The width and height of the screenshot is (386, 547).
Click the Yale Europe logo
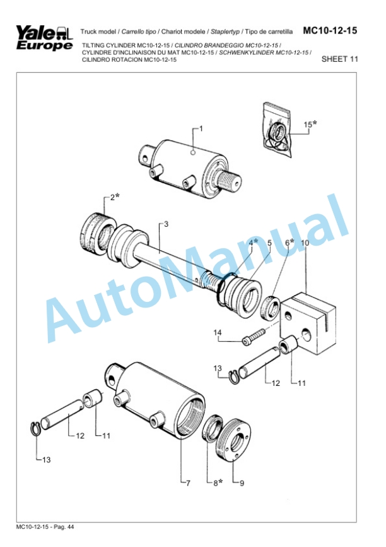click(43, 39)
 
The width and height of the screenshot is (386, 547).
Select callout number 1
click(201, 129)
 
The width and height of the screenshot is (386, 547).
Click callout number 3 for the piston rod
click(166, 224)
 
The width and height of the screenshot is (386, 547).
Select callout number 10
click(305, 243)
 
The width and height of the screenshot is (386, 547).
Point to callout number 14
click(218, 332)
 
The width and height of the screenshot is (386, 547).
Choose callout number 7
click(187, 483)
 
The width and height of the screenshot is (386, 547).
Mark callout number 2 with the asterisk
click(114, 197)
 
